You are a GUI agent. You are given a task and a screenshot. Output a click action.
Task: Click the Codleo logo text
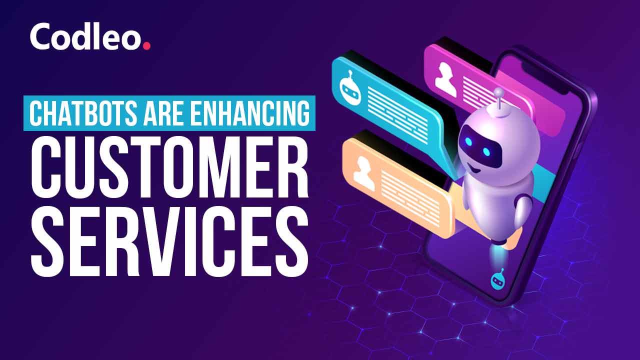pyautogui.click(x=85, y=36)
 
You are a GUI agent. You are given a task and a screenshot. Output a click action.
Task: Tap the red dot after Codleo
pyautogui.click(x=146, y=46)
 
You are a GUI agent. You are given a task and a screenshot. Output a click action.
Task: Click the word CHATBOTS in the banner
pyautogui.click(x=83, y=113)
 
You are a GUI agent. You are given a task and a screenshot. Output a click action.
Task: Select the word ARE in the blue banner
pyautogui.click(x=163, y=113)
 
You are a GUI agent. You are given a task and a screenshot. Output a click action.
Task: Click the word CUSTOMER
pyautogui.click(x=169, y=169)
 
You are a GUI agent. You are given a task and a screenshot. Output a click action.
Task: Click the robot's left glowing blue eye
pyautogui.click(x=469, y=141)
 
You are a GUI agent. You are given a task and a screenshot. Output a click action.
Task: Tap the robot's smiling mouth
pyautogui.click(x=474, y=169)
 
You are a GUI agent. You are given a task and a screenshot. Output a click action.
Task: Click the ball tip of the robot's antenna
pyautogui.click(x=499, y=91)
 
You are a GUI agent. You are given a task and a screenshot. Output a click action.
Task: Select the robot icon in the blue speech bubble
pyautogui.click(x=350, y=87)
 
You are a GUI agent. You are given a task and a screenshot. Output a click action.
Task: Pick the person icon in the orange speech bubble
pyautogui.click(x=363, y=173)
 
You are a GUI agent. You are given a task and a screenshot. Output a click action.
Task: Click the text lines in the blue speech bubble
pyautogui.click(x=397, y=115)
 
